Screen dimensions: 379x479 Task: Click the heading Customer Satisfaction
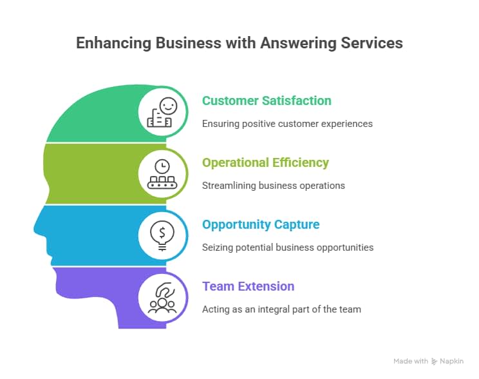tap(267, 101)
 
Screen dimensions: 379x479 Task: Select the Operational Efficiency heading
tap(265, 163)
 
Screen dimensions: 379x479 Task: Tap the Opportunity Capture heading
tap(261, 225)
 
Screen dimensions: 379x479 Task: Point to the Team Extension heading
tap(248, 287)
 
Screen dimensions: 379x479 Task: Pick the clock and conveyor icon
tap(162, 173)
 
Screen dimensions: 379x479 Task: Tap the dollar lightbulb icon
tap(162, 235)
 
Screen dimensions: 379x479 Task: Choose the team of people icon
tap(162, 297)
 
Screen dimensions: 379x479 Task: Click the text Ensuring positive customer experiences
tap(287, 123)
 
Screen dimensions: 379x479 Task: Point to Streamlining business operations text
tap(273, 185)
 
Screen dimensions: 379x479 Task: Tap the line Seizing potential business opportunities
tap(287, 247)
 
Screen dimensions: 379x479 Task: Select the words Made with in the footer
tap(410, 362)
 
